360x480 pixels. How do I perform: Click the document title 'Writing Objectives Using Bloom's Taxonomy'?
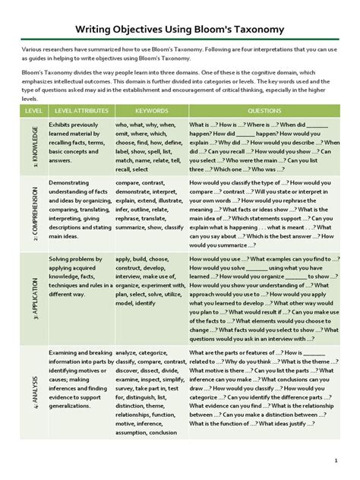pos(180,30)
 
